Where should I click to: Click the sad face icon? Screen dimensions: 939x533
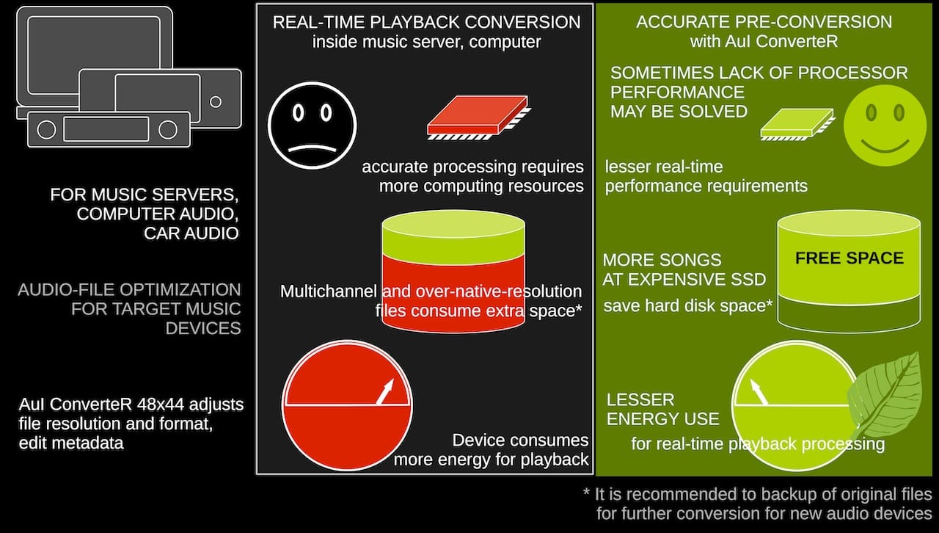tap(313, 126)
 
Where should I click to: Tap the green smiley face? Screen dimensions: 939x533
tap(885, 126)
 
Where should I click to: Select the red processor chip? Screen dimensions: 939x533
tap(479, 117)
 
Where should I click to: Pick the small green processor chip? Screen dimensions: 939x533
tap(797, 125)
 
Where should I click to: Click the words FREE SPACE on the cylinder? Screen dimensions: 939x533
tap(850, 258)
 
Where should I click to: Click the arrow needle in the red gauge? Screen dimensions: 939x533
tap(385, 391)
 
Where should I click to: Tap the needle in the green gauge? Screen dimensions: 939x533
tap(759, 392)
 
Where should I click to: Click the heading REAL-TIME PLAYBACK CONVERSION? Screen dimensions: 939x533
tap(426, 22)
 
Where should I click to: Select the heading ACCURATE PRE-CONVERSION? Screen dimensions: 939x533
tap(764, 22)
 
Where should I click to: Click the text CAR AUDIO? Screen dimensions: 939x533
tap(191, 233)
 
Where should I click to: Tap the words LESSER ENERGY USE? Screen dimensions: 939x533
tap(662, 409)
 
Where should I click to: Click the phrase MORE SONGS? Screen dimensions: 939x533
tap(662, 260)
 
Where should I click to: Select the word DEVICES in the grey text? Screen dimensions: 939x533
tap(203, 328)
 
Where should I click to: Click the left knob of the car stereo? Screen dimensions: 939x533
tap(46, 130)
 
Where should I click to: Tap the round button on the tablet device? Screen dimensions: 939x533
tap(216, 101)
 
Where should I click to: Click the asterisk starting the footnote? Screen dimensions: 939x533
tap(586, 492)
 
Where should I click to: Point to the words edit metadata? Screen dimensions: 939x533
tap(71, 443)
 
